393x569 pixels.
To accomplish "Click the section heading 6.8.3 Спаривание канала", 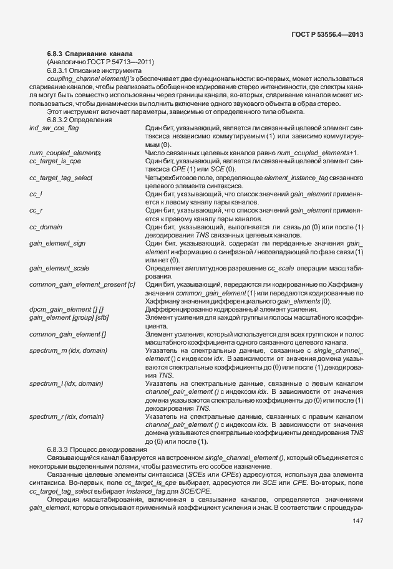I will [90, 54].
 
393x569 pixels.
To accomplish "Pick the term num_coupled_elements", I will [65, 153].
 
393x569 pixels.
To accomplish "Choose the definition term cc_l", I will [36, 194].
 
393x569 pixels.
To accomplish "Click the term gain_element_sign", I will [57, 244].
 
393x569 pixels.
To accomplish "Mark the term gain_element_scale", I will [59, 268].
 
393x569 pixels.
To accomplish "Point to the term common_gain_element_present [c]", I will [82, 285].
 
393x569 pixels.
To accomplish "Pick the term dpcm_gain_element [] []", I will [66, 310].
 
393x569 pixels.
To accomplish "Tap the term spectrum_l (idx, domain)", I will [66, 383].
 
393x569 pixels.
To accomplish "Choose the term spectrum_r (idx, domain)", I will [66, 416].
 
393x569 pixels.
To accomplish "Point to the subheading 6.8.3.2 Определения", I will [79, 119].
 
